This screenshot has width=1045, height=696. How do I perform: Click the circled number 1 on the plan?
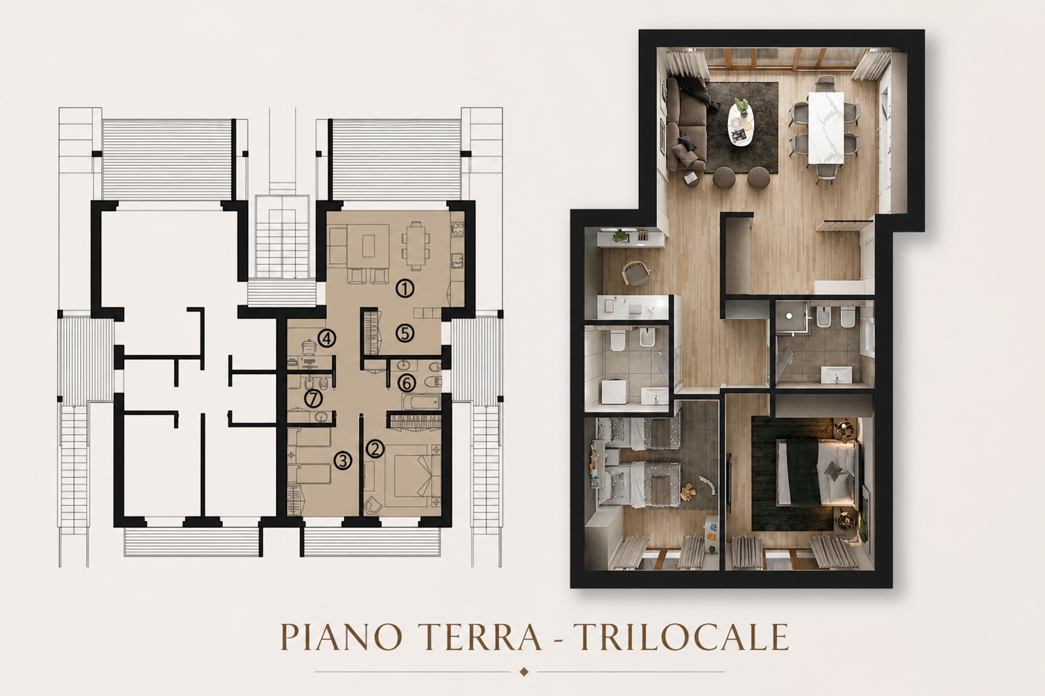[405, 288]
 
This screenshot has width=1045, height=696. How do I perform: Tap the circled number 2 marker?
[375, 448]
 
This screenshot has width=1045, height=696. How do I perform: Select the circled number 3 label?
[343, 461]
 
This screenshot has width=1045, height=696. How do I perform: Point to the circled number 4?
[326, 338]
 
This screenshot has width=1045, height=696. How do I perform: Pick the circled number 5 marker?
[405, 333]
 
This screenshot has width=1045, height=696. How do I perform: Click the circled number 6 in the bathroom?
[407, 383]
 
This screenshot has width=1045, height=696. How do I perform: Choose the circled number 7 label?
[313, 399]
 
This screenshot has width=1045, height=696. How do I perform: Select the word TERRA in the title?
[483, 637]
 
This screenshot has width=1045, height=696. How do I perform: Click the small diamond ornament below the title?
[524, 672]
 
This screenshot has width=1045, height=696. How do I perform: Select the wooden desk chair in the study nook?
[636, 272]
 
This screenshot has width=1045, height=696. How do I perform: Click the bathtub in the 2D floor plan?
[421, 401]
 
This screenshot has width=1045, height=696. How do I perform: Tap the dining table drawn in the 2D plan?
[415, 245]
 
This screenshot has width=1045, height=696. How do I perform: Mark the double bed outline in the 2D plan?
[411, 476]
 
